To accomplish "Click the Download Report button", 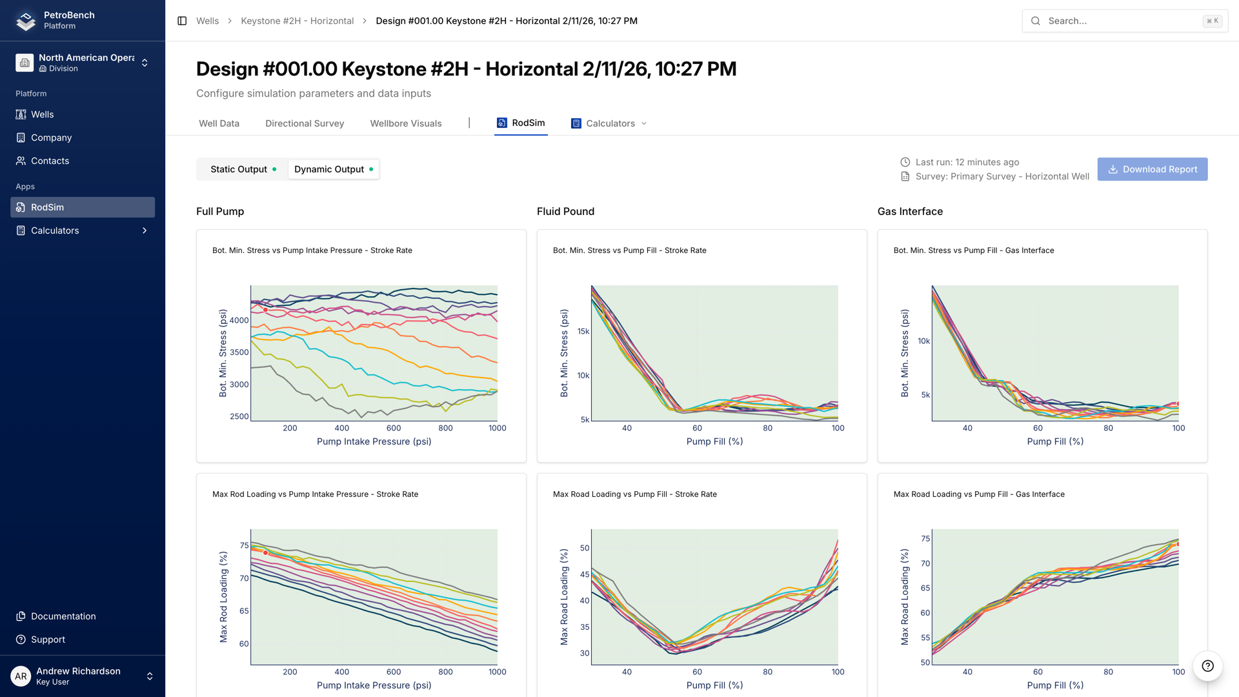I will [x=1152, y=169].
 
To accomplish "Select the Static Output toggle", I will [x=243, y=169].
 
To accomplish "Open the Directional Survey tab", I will [x=304, y=123].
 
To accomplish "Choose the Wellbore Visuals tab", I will [x=405, y=123].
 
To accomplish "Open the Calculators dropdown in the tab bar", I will [x=609, y=123].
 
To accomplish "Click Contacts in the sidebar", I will [x=50, y=161].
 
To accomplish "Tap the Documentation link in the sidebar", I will [x=63, y=616].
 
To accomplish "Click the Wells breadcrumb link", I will [x=207, y=21].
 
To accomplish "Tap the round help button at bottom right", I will [x=1207, y=666].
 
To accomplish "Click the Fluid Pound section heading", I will [x=565, y=211].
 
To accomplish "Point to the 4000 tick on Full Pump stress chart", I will [x=239, y=320].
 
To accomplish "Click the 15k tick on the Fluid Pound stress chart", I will [x=583, y=331].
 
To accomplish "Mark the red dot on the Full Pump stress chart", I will [x=265, y=310].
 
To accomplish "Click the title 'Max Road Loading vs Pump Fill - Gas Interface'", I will [x=978, y=494].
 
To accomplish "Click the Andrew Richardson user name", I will [x=78, y=671].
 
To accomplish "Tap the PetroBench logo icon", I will [x=26, y=21].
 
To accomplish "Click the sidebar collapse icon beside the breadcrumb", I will [x=182, y=21].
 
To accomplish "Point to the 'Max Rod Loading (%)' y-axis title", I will [x=223, y=597].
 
